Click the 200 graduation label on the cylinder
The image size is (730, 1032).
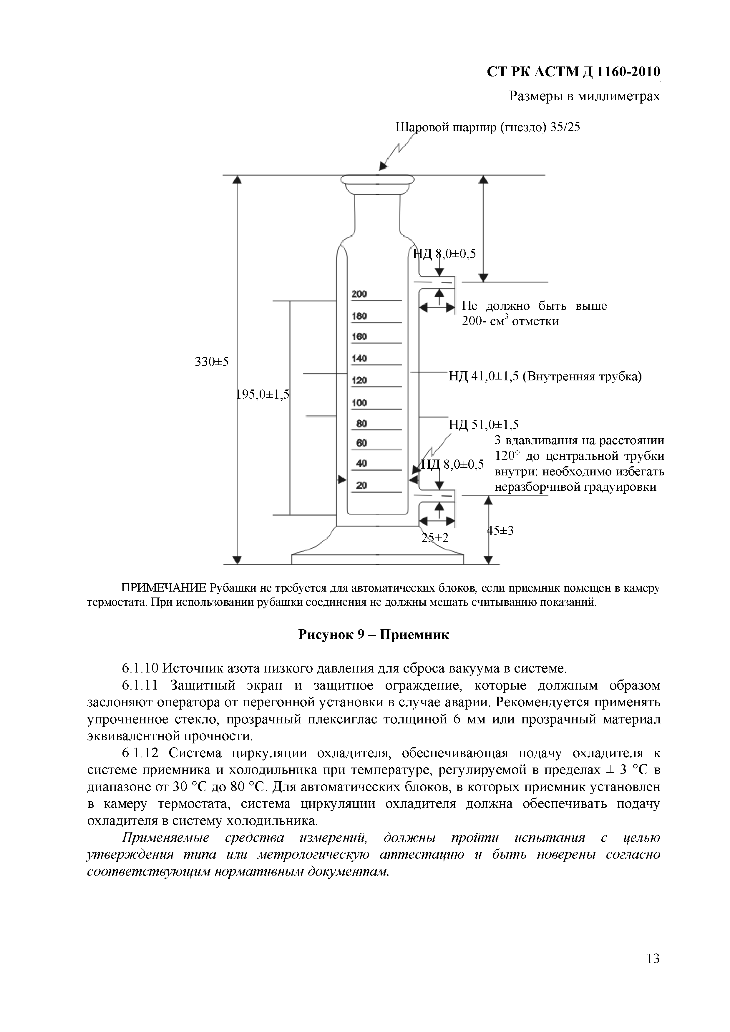(x=359, y=294)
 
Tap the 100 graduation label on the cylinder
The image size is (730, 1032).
(x=359, y=403)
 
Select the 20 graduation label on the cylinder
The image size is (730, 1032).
(x=361, y=485)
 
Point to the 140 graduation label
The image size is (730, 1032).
(x=359, y=359)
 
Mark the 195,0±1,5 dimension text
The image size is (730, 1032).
(x=263, y=395)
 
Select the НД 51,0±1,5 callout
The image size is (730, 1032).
(x=484, y=424)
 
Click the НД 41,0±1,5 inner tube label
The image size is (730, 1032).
(x=545, y=376)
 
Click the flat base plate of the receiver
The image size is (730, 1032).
(x=377, y=559)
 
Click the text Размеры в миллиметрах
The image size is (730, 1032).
(x=584, y=96)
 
